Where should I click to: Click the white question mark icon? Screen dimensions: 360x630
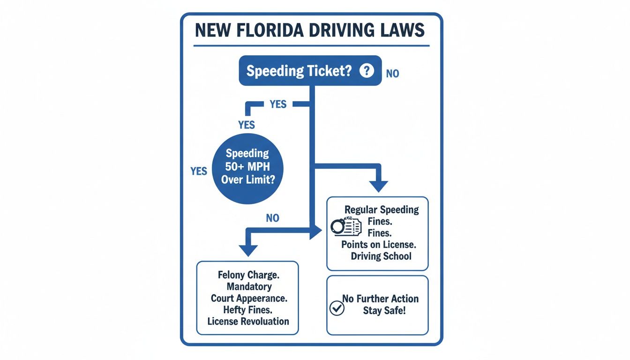tap(367, 71)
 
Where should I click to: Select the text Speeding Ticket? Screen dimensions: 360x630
tap(299, 71)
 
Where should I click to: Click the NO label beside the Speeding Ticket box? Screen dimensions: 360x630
tap(392, 74)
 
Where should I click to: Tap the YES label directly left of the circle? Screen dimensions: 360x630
tap(199, 171)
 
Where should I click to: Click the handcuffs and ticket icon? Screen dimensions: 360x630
tap(346, 226)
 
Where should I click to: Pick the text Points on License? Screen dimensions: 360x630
tap(379, 244)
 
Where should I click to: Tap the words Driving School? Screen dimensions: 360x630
tap(381, 256)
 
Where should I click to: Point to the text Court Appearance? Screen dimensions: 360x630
tap(248, 298)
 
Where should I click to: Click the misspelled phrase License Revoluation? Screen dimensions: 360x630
tap(248, 322)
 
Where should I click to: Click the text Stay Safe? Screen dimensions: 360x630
tap(384, 310)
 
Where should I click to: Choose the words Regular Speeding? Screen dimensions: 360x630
tap(382, 210)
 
